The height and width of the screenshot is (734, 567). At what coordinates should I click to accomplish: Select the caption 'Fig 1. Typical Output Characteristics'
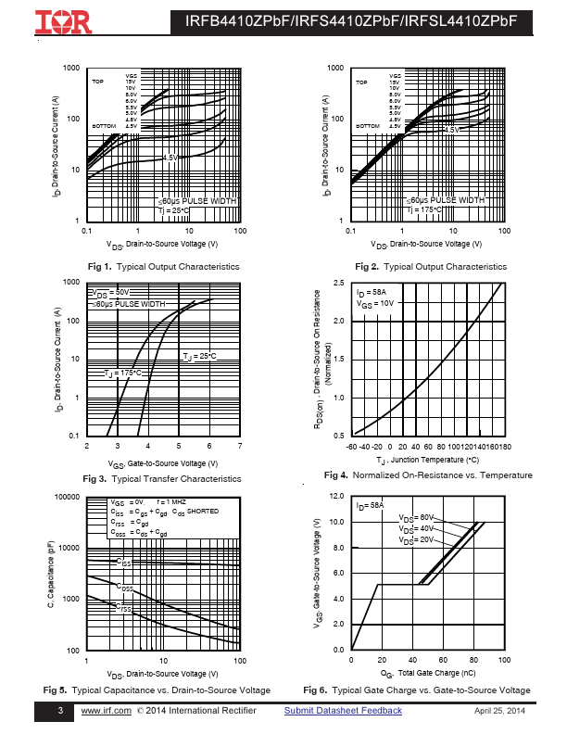pyautogui.click(x=163, y=267)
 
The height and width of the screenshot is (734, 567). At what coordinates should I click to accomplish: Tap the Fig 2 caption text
pyautogui.click(x=432, y=267)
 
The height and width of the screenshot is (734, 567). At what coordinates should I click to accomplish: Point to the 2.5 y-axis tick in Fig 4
pyautogui.click(x=339, y=283)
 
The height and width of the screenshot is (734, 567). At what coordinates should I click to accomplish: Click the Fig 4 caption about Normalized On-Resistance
pyautogui.click(x=428, y=475)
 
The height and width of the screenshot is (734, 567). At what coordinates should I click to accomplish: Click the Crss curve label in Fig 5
pyautogui.click(x=123, y=608)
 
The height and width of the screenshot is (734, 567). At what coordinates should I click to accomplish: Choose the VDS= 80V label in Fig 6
pyautogui.click(x=416, y=518)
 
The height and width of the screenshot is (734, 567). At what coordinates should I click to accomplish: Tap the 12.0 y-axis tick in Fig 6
pyautogui.click(x=338, y=498)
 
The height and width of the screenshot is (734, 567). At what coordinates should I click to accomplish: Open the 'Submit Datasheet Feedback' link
pyautogui.click(x=343, y=711)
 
